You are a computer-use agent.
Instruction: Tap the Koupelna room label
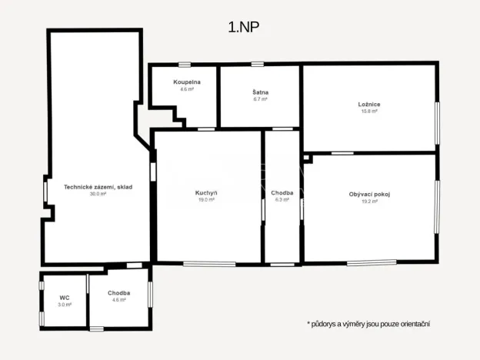187,82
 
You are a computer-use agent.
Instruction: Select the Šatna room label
260,92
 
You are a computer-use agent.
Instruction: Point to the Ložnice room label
369,104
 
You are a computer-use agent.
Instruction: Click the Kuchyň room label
206,192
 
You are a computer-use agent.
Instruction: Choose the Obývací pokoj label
369,194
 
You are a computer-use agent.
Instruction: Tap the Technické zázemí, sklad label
98,186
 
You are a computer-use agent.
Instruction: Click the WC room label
65,297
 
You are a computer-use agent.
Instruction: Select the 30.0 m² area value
98,194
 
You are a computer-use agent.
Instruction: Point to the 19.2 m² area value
369,202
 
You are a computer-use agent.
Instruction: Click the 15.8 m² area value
369,111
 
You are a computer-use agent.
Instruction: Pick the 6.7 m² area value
260,99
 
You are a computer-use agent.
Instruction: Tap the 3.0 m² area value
65,305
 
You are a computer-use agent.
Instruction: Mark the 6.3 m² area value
282,200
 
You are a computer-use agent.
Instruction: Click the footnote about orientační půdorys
368,324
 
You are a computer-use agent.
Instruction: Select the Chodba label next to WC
118,292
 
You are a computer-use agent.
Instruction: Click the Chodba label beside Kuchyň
282,192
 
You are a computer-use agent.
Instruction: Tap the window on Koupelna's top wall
185,64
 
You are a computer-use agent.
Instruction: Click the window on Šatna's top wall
259,64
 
